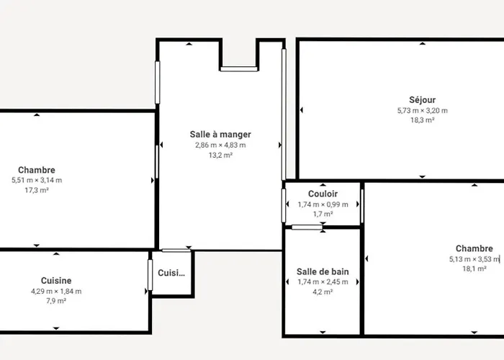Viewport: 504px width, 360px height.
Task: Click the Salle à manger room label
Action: [x=220, y=135]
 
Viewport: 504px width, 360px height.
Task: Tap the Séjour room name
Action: [x=423, y=100]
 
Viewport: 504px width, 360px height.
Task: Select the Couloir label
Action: [x=323, y=194]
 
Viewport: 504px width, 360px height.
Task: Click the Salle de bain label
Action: [x=323, y=272]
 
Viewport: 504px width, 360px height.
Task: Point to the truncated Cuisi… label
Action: [x=171, y=273]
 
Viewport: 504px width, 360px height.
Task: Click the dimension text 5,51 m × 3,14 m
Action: [x=37, y=180]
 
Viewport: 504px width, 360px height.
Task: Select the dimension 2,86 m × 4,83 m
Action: [x=220, y=145]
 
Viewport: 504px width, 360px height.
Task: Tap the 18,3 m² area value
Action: [x=423, y=120]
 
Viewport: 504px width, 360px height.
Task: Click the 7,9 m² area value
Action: [x=56, y=301]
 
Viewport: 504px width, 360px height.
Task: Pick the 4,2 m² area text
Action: [x=323, y=292]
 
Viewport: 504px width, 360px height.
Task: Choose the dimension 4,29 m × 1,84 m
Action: [x=56, y=292]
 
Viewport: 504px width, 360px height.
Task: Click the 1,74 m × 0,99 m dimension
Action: [x=323, y=204]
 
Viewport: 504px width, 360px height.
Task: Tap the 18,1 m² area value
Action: [x=474, y=269]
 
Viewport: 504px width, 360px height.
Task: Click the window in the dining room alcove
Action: [x=239, y=69]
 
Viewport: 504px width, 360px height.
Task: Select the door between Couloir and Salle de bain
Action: [x=307, y=228]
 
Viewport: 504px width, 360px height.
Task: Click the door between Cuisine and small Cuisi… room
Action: [x=150, y=275]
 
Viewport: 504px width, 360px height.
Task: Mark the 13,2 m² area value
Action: [x=220, y=156]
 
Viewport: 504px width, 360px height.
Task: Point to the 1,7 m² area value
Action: [x=323, y=214]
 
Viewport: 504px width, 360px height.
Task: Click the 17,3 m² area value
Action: [x=37, y=190]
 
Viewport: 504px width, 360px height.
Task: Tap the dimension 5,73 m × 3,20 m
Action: [x=423, y=111]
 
